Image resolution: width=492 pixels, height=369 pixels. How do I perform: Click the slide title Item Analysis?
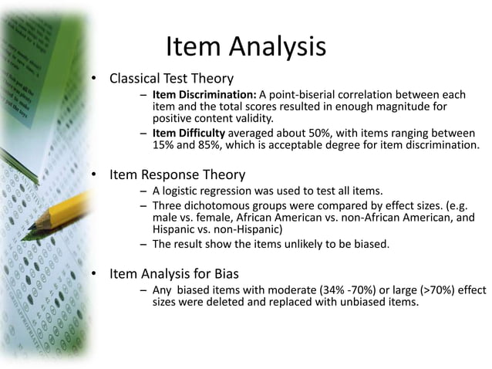pyautogui.click(x=245, y=47)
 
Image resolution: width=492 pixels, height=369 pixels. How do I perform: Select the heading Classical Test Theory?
pyautogui.click(x=171, y=78)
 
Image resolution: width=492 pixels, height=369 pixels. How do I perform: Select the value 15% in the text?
pyautogui.click(x=163, y=145)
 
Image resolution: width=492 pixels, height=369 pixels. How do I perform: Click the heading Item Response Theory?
pyautogui.click(x=177, y=174)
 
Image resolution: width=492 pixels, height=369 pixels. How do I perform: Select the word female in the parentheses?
pyautogui.click(x=206, y=218)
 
